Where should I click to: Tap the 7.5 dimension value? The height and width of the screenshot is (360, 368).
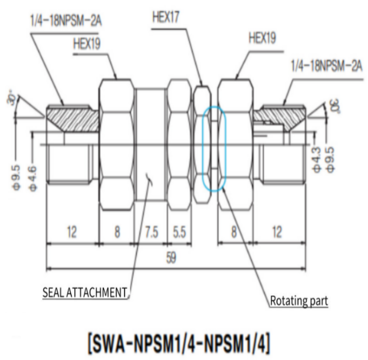(x=151, y=232)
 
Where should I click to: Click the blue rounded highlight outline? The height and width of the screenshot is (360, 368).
(x=214, y=148)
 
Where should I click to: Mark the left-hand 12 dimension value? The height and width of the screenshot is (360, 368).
(x=71, y=232)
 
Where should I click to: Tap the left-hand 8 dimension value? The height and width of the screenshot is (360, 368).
(x=117, y=232)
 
